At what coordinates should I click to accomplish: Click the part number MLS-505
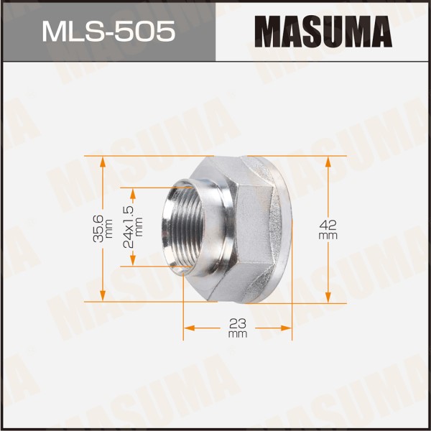pos(108,32)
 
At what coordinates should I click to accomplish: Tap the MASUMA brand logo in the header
pos(323,32)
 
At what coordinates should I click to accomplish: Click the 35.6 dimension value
pos(98,228)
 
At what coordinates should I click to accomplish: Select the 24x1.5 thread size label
pos(129,227)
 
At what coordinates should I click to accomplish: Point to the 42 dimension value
pos(328,225)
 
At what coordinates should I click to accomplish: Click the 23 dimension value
pos(238,323)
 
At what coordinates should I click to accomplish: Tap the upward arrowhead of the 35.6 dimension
pos(103,162)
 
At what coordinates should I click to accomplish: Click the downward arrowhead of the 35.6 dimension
pos(103,295)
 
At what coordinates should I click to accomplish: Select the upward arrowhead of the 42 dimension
pos(328,162)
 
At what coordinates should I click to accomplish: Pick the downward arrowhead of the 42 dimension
pos(328,297)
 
